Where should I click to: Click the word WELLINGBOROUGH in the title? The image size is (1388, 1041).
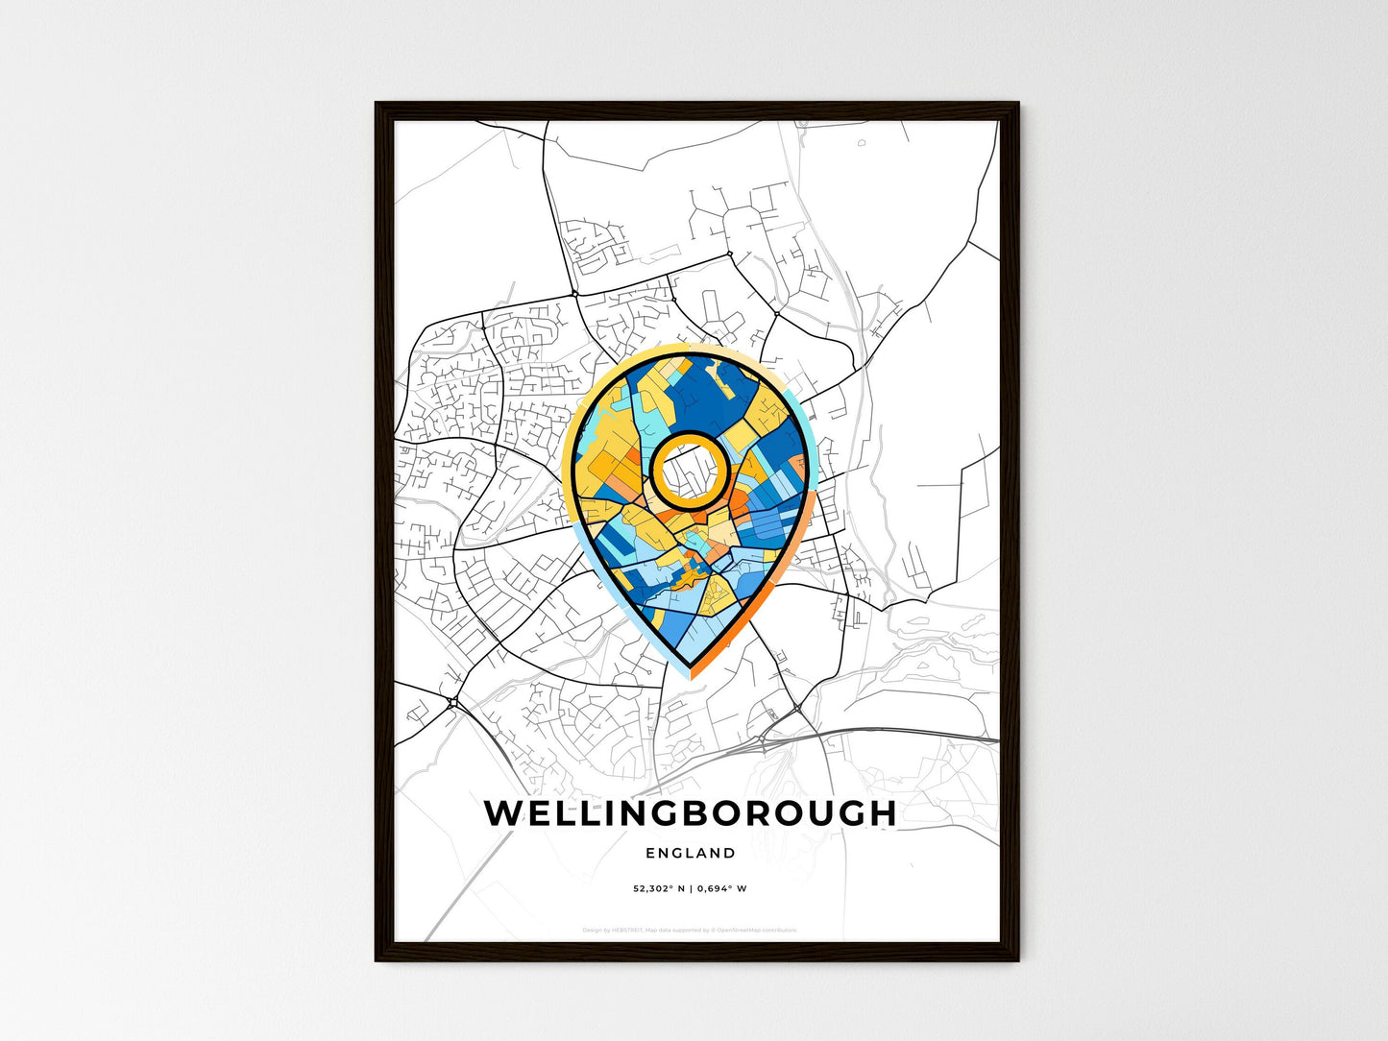(x=690, y=813)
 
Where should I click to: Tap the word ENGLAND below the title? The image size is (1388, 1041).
(x=691, y=853)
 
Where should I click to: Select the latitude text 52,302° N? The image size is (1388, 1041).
(x=659, y=888)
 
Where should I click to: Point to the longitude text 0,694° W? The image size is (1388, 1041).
(x=720, y=888)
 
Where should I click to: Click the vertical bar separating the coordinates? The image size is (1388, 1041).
(x=690, y=888)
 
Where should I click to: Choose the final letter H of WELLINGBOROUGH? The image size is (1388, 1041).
(x=882, y=813)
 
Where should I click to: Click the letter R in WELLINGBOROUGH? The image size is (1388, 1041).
(x=768, y=813)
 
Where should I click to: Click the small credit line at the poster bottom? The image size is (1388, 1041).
(x=690, y=930)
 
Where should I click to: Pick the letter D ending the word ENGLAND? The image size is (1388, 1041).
(x=731, y=853)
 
